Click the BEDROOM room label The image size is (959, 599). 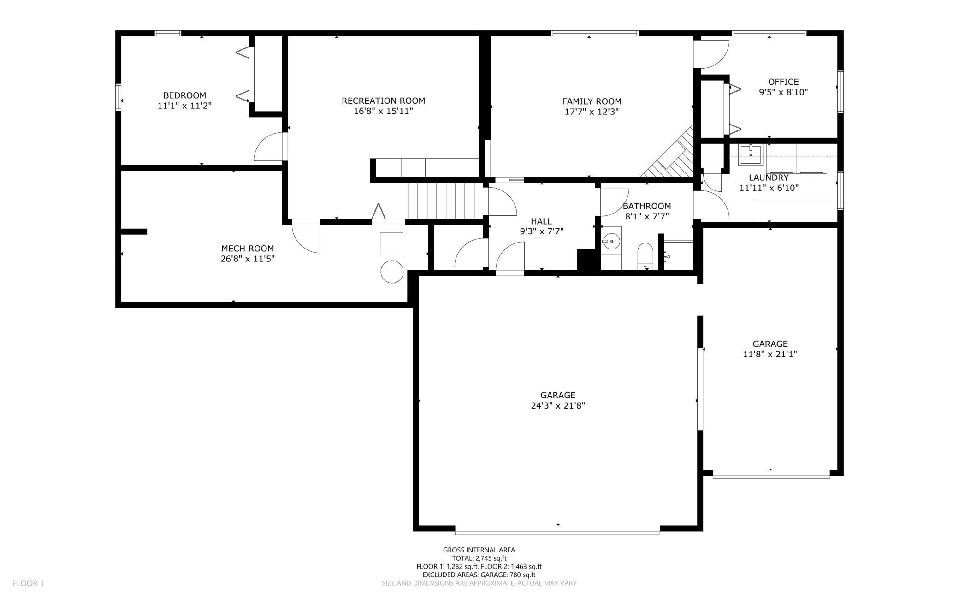point(184,95)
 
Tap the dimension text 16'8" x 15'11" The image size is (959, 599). point(383,111)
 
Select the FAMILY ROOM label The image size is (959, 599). point(592,101)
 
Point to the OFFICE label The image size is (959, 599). point(783,82)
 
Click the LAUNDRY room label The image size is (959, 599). point(768,178)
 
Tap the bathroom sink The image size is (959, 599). point(611,241)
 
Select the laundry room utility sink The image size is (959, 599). point(751,154)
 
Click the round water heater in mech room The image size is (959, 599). point(392,272)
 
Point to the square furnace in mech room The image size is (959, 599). point(391,243)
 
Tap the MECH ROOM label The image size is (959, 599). point(248,249)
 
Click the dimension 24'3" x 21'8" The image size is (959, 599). point(558,406)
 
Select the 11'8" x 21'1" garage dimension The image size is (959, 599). point(770,354)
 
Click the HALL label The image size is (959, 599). point(541,221)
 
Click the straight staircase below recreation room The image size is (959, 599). point(445,201)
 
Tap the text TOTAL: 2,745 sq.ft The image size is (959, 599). point(479,558)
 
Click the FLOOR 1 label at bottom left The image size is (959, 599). point(28,583)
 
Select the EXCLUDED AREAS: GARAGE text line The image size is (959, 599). point(479,575)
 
